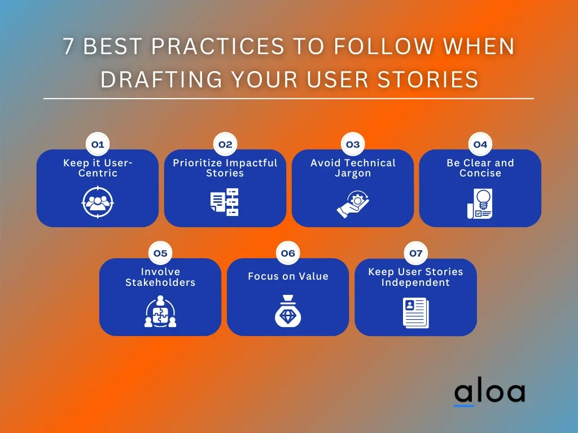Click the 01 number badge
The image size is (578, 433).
98,144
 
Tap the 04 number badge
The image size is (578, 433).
480,144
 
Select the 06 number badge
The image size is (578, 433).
288,253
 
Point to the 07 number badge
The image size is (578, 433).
416,253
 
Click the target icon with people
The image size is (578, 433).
98,202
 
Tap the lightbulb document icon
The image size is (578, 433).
480,204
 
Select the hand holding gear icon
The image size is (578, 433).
353,204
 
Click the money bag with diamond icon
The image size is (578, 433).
288,311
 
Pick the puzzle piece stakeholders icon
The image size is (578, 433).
160,311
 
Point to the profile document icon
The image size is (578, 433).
416,312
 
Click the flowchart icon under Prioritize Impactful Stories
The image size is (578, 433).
225,202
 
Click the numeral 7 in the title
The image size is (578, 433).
68,46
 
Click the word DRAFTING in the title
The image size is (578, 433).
161,79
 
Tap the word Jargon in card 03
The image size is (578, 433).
353,174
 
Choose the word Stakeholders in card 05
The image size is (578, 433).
160,282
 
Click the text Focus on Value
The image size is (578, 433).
288,276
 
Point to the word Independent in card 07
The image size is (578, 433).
415,283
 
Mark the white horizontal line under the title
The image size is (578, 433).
288,99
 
